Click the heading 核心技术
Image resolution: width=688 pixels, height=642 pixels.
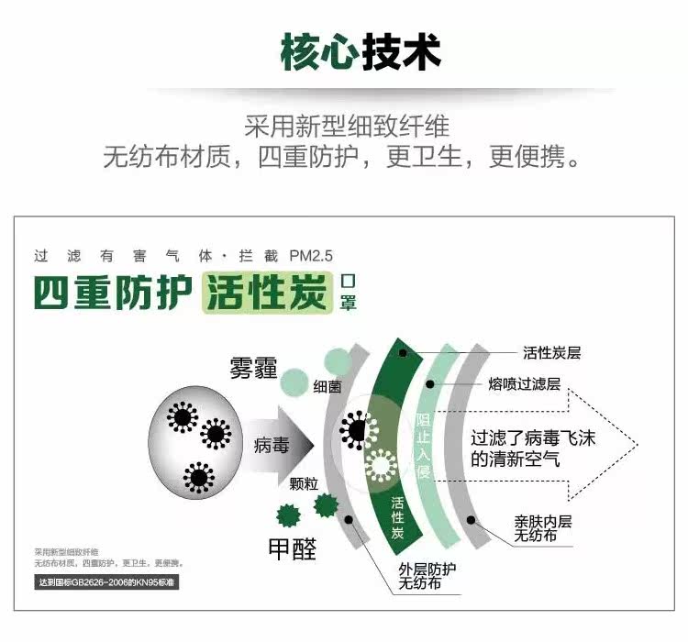[x=361, y=52]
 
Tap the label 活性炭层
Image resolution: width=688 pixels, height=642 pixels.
[x=551, y=353]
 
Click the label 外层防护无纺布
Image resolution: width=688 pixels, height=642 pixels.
[x=427, y=576]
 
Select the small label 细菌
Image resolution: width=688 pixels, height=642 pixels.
[x=327, y=387]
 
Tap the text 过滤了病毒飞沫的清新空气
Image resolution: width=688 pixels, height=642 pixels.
[x=533, y=448]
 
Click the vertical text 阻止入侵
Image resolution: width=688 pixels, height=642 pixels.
[x=424, y=446]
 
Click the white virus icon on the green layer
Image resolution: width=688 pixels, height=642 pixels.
[x=381, y=466]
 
